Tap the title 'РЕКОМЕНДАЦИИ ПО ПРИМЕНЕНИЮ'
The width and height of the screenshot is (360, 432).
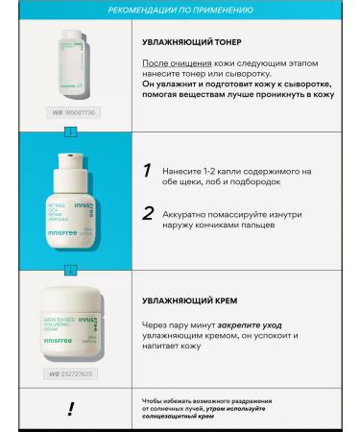coord(180,11)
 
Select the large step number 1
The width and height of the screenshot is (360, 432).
coord(146,171)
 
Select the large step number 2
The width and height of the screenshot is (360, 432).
coord(146,212)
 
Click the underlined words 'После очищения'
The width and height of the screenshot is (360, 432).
coord(170,60)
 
